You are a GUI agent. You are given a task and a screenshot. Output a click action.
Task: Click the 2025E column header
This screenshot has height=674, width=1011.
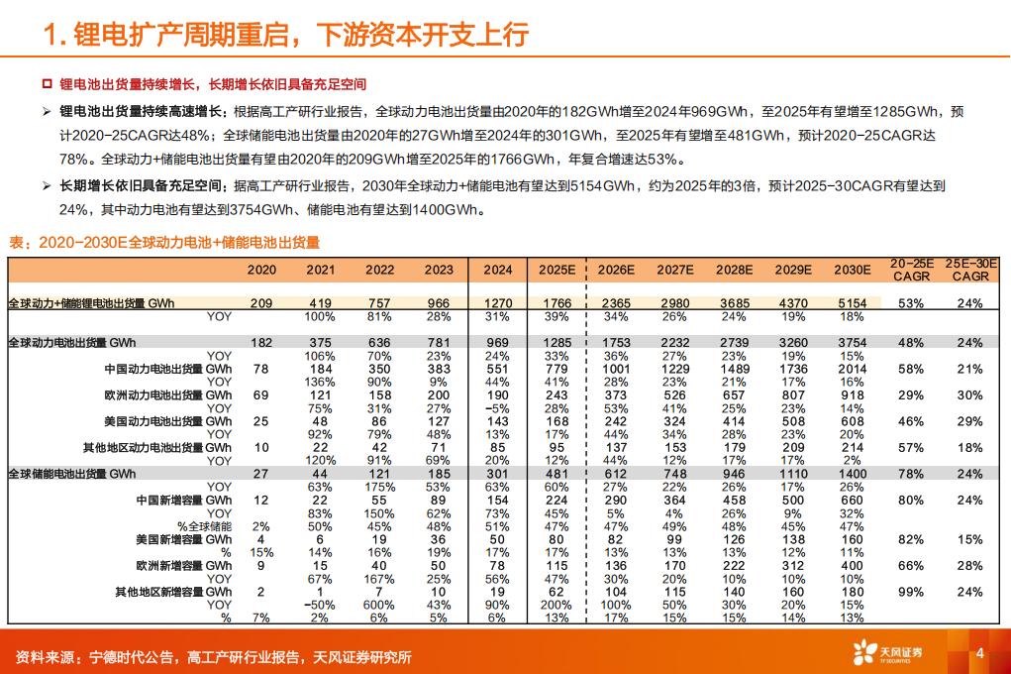pyautogui.click(x=556, y=270)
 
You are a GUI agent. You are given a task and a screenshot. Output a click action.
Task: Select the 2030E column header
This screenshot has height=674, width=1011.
pyautogui.click(x=852, y=270)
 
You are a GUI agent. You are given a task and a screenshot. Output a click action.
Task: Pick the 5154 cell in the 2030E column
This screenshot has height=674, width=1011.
pyautogui.click(x=852, y=303)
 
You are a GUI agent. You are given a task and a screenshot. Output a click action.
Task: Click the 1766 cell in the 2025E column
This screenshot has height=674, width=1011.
pyautogui.click(x=556, y=303)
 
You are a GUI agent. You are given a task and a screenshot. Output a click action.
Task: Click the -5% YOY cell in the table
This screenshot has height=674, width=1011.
pyautogui.click(x=497, y=407)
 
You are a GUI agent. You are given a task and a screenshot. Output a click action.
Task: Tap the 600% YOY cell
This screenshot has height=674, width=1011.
pyautogui.click(x=379, y=605)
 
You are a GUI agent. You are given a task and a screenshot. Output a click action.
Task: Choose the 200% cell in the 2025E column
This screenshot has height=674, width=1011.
pyautogui.click(x=556, y=605)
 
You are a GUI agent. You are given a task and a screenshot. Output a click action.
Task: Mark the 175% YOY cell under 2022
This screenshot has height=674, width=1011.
pyautogui.click(x=379, y=487)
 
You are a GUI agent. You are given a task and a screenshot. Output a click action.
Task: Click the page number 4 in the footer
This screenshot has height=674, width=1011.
pyautogui.click(x=979, y=652)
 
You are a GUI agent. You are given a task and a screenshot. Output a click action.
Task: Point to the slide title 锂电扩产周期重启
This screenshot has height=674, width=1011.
pyautogui.click(x=287, y=35)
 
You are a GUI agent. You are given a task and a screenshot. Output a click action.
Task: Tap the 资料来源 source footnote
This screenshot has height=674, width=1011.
pyautogui.click(x=213, y=656)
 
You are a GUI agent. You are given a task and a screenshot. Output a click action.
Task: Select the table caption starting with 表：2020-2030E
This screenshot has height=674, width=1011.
pyautogui.click(x=164, y=243)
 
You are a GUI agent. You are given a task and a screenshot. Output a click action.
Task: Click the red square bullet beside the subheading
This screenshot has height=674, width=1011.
pyautogui.click(x=46, y=86)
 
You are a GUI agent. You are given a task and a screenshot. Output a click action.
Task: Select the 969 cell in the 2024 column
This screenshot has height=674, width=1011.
pyautogui.click(x=497, y=343)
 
